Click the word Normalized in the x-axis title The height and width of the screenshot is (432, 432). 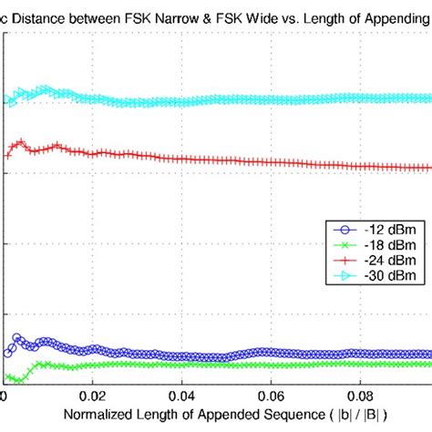(x=98, y=417)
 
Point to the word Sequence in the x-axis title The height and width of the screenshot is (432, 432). (x=294, y=417)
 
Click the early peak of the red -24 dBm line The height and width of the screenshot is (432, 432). (x=19, y=142)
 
